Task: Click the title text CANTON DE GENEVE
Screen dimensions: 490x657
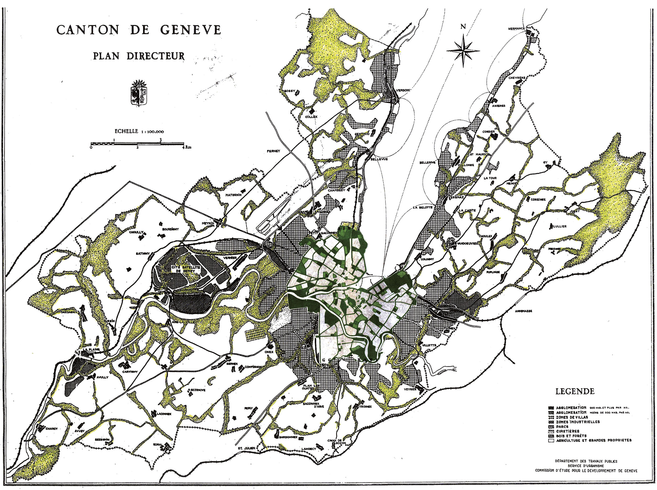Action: (139, 30)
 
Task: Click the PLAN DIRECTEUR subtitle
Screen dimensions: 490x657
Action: (139, 55)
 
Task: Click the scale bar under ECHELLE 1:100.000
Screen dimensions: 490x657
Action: (137, 144)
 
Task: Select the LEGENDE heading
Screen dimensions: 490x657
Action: (575, 391)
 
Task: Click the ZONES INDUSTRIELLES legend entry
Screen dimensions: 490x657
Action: (578, 422)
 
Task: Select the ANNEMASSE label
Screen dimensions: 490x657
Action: (523, 311)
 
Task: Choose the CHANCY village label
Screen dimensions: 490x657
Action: (52, 428)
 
